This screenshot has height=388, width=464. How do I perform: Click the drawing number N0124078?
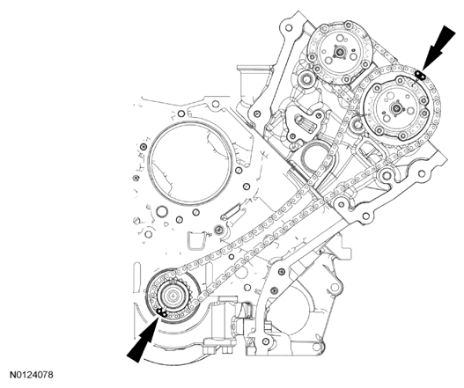coord(32,375)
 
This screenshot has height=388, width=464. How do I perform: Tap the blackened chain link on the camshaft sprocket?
coord(420,75)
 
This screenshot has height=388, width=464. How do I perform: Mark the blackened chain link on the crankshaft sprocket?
coord(161,311)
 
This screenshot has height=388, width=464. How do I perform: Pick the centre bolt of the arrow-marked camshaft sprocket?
coord(396,109)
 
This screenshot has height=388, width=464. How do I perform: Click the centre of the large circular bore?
coord(189,163)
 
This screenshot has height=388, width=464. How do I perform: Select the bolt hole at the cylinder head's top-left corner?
coord(289,28)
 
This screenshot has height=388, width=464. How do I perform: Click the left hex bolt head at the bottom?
coord(210,350)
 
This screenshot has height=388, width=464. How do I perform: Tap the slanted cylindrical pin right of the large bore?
coord(231,212)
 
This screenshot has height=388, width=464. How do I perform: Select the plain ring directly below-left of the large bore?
coord(162,212)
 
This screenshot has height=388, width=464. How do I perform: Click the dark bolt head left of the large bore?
coord(144,147)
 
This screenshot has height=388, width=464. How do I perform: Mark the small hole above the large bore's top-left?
coord(181,113)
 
